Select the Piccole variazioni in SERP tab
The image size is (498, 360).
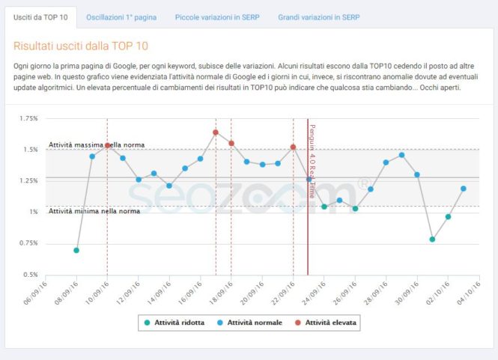[x=217, y=16]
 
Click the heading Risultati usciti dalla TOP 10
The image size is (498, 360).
[x=81, y=46]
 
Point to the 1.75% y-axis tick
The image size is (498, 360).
[x=28, y=118]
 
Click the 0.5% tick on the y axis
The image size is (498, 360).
[x=30, y=275]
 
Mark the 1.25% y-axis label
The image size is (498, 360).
[x=28, y=180]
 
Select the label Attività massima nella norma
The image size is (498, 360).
[x=97, y=144]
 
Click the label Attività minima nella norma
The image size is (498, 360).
[x=94, y=211]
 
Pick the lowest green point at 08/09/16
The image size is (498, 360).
[x=76, y=250]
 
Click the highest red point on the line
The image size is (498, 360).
[x=216, y=132]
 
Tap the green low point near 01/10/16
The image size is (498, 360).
[x=432, y=240]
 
